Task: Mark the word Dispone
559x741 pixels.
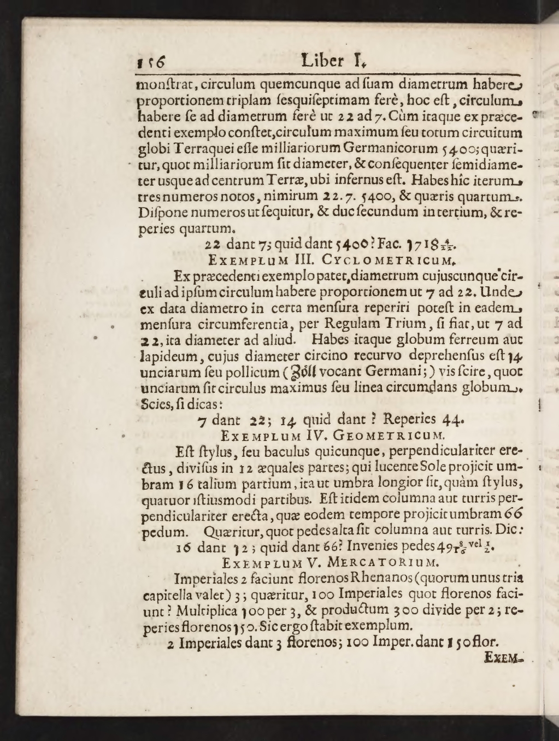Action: [161, 211]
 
